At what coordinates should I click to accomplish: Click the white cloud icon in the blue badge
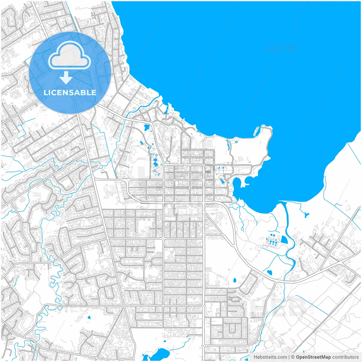[x=70, y=55]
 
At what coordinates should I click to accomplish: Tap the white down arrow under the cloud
[x=66, y=78]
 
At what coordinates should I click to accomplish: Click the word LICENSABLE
[x=70, y=92]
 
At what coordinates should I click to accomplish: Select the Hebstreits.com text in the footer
[x=270, y=357]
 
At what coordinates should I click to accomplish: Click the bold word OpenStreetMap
[x=313, y=357]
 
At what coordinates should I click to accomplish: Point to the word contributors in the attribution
[x=345, y=357]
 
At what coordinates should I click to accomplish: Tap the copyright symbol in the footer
[x=293, y=357]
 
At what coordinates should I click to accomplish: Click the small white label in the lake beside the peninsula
[x=256, y=132]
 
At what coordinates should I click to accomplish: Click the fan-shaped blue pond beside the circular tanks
[x=284, y=240]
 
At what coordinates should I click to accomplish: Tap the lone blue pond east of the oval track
[x=89, y=317]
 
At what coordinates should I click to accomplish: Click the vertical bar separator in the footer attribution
[x=289, y=357]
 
